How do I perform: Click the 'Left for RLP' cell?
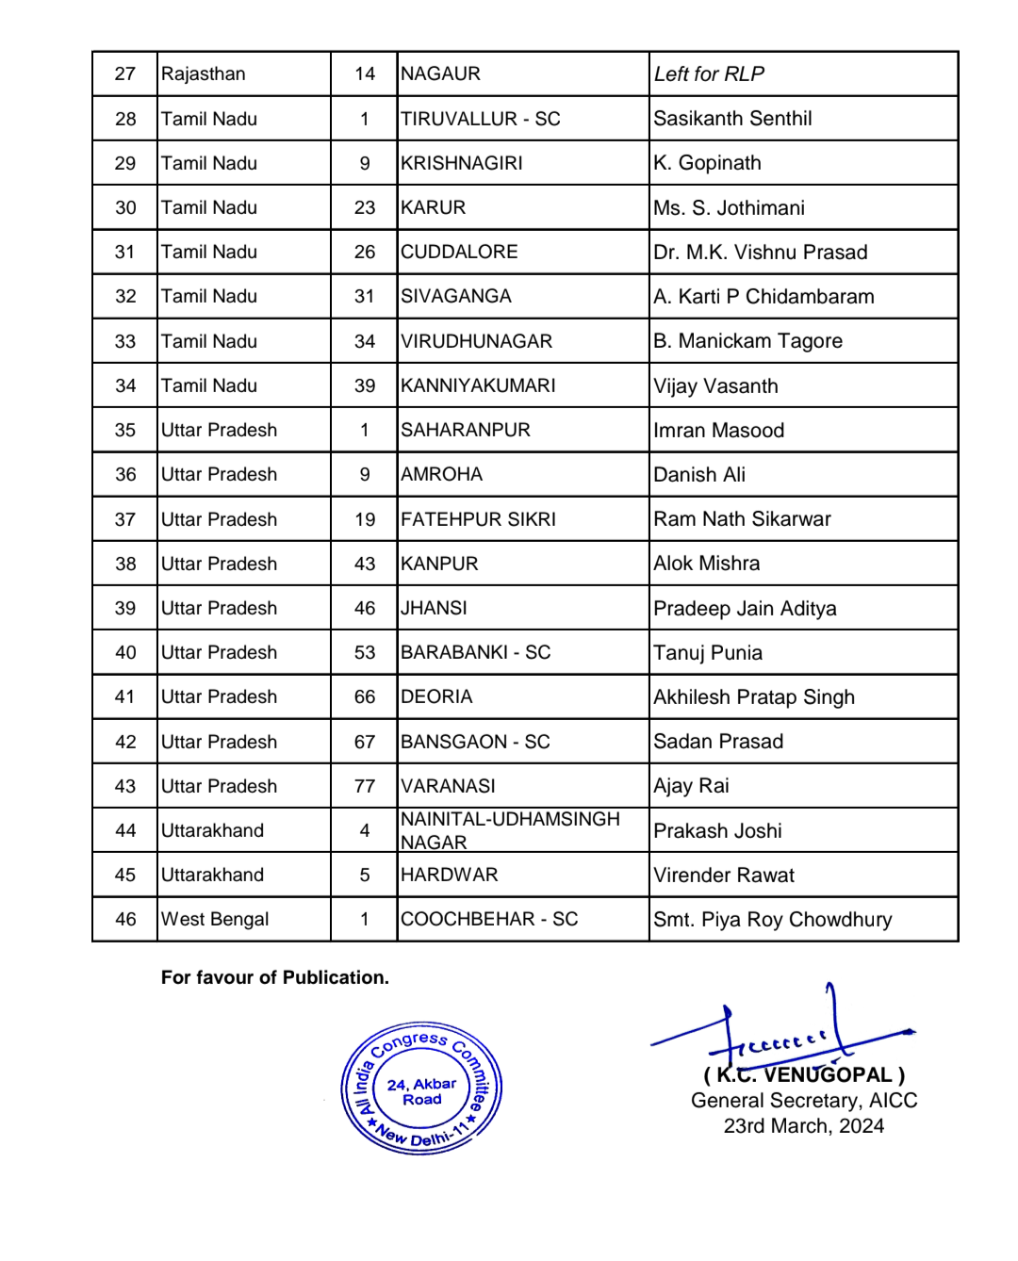709,74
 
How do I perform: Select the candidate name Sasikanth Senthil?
732,119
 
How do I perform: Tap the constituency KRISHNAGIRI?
461,163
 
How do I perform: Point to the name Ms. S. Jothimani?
729,208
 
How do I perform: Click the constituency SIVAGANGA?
455,297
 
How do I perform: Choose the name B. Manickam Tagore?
747,341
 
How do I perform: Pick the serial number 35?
125,431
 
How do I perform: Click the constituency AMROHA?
441,475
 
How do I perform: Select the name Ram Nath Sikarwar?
742,519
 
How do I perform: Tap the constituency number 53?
365,653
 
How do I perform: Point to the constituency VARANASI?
448,786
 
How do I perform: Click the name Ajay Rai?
691,786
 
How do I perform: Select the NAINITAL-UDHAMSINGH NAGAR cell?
510,830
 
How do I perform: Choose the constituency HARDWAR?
449,876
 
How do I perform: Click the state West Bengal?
215,920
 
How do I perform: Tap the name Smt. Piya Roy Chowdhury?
772,920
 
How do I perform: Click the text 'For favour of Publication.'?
274,977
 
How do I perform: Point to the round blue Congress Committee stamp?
421,1089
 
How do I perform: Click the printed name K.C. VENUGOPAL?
804,1075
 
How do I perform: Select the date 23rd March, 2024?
804,1126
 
